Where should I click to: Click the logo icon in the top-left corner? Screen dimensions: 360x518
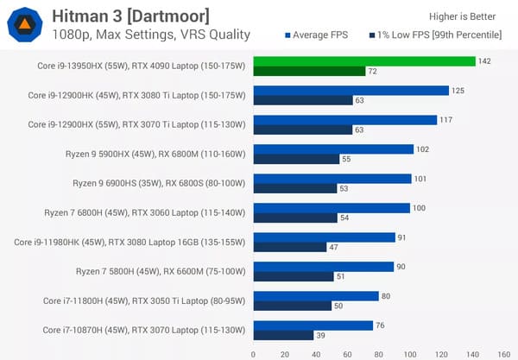[x=26, y=24]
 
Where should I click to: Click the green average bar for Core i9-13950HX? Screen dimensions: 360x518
[x=363, y=61]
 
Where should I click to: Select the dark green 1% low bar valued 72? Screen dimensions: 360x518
[x=309, y=71]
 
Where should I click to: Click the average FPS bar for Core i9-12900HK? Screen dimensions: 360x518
[x=351, y=91]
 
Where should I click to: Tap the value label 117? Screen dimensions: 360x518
[x=446, y=120]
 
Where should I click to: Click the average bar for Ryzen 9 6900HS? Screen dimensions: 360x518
[x=332, y=179]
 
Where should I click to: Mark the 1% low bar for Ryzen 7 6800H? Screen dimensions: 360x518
[x=295, y=218]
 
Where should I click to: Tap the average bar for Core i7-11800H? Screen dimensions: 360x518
[x=316, y=296]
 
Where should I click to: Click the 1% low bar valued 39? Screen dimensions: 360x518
[x=283, y=335]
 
